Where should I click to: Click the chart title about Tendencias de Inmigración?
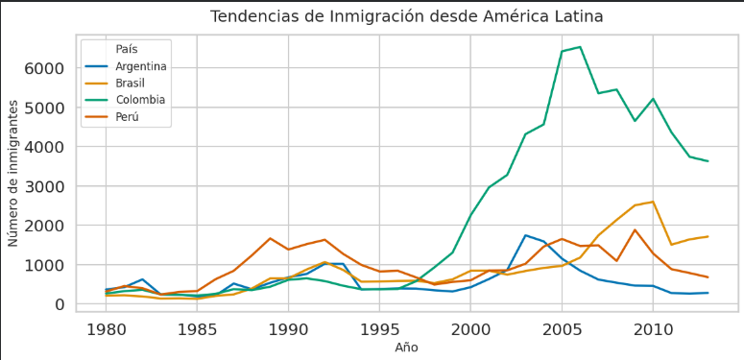(407, 17)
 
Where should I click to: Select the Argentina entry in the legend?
(141, 66)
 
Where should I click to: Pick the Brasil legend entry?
(131, 84)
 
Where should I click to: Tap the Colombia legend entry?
(140, 100)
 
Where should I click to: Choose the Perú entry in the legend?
(128, 117)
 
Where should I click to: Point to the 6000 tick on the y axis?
(44, 69)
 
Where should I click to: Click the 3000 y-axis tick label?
(44, 187)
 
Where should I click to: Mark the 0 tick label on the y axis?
(59, 305)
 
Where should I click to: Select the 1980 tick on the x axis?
(106, 329)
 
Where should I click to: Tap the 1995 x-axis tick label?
(379, 329)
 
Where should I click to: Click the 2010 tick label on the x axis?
(653, 329)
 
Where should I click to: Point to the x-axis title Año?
(406, 348)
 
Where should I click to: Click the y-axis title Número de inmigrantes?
(13, 178)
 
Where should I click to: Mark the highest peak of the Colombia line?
(580, 47)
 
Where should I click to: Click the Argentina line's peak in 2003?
(525, 235)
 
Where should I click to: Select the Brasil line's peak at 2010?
(653, 202)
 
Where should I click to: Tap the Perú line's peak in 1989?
(270, 238)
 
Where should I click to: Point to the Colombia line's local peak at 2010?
(653, 99)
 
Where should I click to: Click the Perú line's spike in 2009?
(635, 230)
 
